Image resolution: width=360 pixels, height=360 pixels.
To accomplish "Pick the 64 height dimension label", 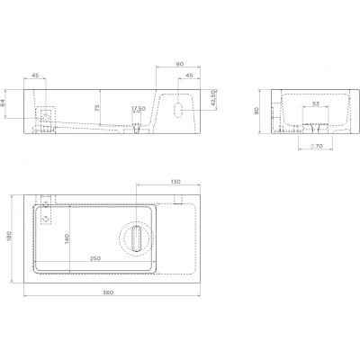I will coord(4,103).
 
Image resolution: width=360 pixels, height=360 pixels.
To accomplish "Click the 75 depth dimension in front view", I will coord(96,108).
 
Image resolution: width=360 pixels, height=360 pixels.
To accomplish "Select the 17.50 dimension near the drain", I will coord(138,110).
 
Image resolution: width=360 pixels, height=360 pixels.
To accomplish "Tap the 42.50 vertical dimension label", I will coord(213,96).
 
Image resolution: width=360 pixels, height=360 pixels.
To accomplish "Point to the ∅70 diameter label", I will coord(314,144).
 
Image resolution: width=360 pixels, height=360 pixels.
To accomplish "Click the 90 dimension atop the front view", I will coord(180,65).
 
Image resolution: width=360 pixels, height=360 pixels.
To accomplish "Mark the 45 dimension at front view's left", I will coord(36,76).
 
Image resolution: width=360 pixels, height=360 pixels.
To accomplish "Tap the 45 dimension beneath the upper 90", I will coord(191,76).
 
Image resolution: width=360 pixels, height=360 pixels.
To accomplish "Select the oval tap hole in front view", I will coord(179,110).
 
